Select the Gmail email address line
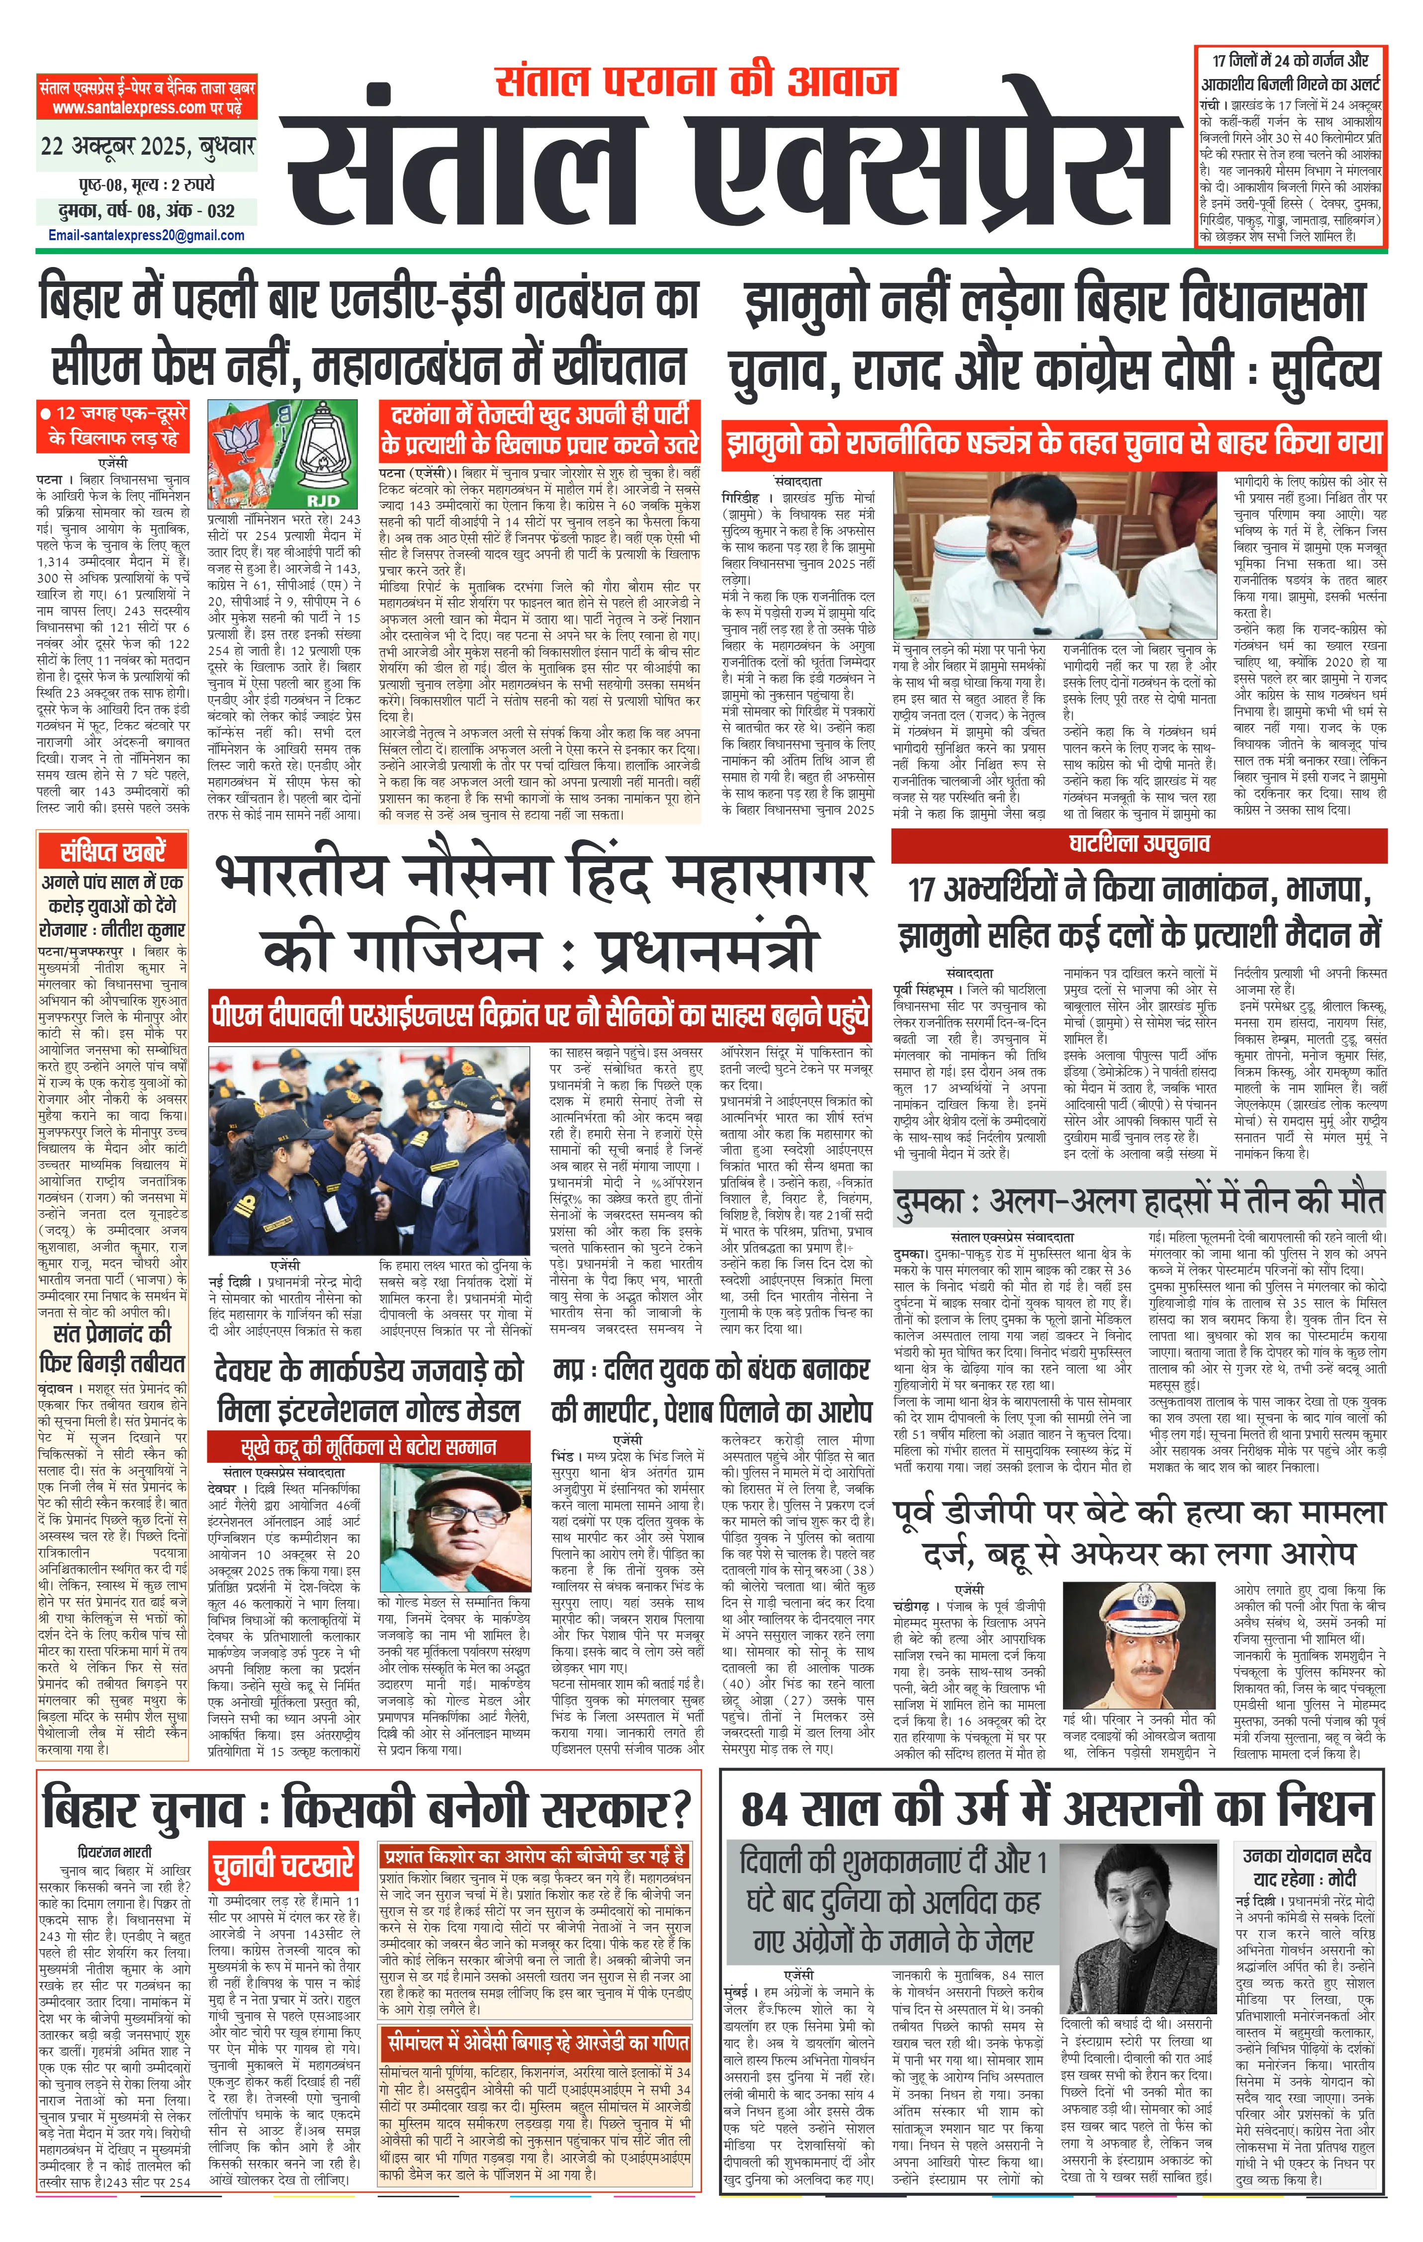(146, 236)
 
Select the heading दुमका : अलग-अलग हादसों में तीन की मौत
(1138, 1202)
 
